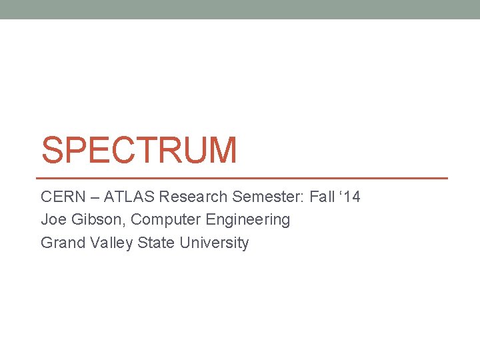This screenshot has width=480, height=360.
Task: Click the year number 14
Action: click(351, 197)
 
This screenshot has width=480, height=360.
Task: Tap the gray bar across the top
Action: click(240, 9)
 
